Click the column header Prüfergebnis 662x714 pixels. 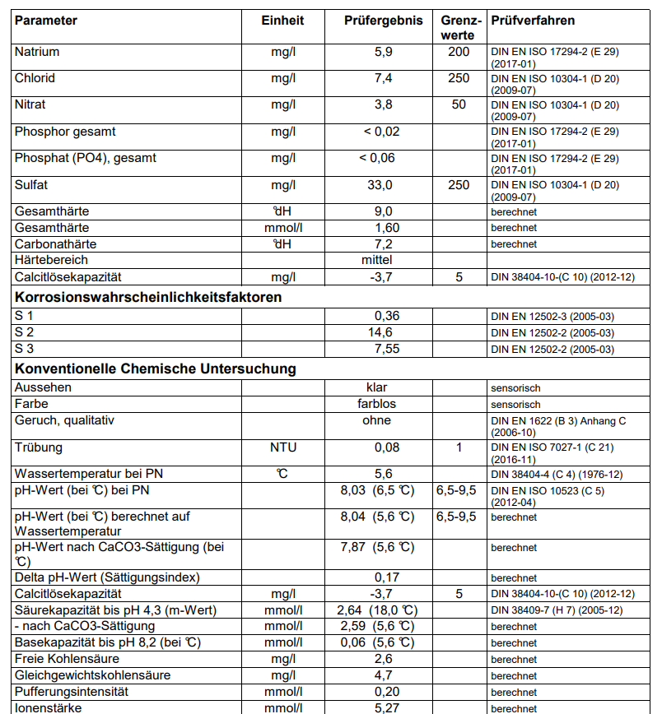(x=383, y=21)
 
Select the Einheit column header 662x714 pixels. (x=282, y=21)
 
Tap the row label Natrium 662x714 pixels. (x=37, y=52)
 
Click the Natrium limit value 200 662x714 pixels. (x=459, y=52)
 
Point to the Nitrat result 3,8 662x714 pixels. (x=383, y=104)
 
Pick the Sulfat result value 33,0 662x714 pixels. (x=383, y=185)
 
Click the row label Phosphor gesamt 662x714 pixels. (x=65, y=132)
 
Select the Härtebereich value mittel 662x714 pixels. (x=383, y=260)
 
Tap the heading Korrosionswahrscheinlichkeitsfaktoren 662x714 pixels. (x=148, y=297)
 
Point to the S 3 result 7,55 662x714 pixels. (x=387, y=349)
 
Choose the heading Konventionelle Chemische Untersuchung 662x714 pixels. (x=156, y=369)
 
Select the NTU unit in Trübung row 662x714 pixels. (x=283, y=447)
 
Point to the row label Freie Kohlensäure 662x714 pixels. (x=67, y=659)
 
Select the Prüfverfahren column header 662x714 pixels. (x=533, y=21)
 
